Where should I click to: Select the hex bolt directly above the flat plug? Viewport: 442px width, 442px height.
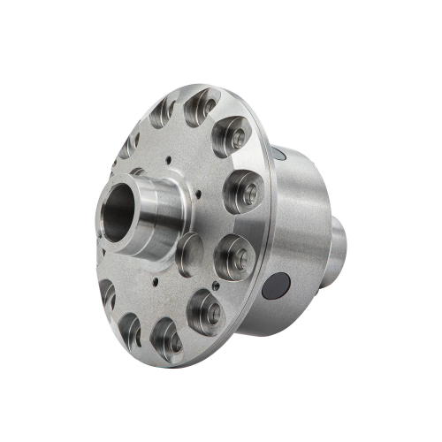pos(240,189)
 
